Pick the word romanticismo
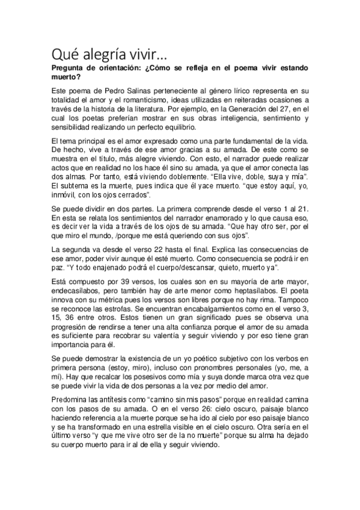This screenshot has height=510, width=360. tap(150, 99)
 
